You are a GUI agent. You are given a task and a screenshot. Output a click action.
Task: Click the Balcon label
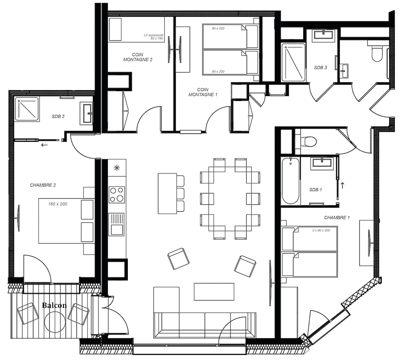54,305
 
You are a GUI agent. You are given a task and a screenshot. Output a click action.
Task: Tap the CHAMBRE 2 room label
43,185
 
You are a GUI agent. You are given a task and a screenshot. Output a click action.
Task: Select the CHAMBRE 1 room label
337,217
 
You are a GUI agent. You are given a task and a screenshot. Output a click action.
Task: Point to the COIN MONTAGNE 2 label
138,57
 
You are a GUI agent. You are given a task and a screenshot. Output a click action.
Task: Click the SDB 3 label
320,68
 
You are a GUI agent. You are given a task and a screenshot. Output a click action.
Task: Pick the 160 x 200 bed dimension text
58,204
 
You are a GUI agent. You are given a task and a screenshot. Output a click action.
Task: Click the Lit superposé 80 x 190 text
154,37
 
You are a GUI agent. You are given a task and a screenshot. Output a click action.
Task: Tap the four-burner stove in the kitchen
117,195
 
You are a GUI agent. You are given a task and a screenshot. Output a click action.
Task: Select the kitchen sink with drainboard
116,224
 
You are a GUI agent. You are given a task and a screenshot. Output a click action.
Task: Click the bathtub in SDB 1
291,181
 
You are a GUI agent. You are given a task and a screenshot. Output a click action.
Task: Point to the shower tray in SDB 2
27,109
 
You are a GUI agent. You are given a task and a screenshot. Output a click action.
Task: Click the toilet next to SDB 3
377,53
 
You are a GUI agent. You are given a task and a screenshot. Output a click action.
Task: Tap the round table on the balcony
55,322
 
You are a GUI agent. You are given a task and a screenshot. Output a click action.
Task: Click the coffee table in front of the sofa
214,292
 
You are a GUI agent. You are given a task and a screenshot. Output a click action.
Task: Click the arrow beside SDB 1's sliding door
342,185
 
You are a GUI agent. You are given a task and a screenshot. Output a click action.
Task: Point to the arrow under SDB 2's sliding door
44,145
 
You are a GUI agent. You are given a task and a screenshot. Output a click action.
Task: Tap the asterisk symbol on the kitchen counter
117,168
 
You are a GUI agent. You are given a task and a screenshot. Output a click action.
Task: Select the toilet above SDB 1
309,142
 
